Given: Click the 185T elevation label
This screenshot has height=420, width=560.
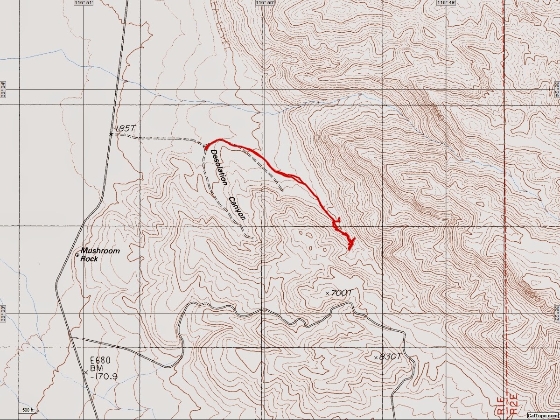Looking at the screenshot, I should [x=125, y=128].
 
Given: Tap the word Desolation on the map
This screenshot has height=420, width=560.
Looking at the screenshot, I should [x=219, y=167].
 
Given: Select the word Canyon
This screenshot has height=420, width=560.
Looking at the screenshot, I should [x=237, y=208].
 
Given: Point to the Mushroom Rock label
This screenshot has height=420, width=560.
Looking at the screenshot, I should [x=99, y=254].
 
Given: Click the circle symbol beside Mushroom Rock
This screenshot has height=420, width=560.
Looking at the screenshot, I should [x=77, y=254].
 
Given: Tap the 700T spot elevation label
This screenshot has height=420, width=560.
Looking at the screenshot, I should [x=341, y=293].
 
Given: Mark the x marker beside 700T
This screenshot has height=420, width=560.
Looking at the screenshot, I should [x=327, y=293].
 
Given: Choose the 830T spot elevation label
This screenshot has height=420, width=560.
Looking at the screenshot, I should [x=390, y=357].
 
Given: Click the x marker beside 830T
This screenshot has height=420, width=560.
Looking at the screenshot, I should [x=376, y=358].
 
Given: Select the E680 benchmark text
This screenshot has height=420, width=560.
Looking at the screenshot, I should [x=100, y=360].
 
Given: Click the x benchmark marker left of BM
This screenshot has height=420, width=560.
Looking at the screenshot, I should [x=85, y=372].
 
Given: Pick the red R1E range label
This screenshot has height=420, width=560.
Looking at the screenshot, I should [x=500, y=404].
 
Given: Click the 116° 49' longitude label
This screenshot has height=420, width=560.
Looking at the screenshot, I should [x=445, y=3].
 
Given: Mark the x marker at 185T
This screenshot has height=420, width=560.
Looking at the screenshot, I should [x=111, y=134].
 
